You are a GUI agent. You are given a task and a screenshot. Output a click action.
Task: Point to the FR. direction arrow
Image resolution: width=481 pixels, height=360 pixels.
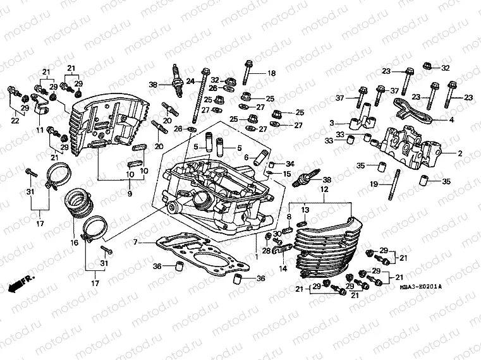pyautogui.click(x=21, y=282)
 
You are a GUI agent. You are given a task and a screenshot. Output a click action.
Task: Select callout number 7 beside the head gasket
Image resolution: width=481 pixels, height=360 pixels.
pyautogui.click(x=135, y=242)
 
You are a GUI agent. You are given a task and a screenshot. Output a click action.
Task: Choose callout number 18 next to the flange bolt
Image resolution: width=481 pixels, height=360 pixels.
pyautogui.click(x=272, y=73)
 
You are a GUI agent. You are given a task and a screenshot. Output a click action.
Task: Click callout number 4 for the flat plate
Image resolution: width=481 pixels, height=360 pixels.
pyautogui.click(x=451, y=119)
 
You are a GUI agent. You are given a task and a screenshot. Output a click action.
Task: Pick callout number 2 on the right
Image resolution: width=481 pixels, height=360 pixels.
pyautogui.click(x=460, y=153)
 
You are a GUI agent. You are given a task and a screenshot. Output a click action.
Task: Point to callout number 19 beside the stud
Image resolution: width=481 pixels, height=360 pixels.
pyautogui.click(x=373, y=184)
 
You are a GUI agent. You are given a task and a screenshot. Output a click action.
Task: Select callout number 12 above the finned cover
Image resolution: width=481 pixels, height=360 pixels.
pyautogui.click(x=323, y=189)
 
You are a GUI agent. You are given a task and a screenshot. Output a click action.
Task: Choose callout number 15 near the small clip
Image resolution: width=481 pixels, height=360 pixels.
pyautogui.click(x=286, y=174)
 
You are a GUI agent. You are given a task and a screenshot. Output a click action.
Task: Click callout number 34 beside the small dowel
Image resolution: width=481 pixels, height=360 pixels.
pyautogui.click(x=290, y=164)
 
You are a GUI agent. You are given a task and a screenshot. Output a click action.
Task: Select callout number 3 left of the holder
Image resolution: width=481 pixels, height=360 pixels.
pyautogui.click(x=331, y=123)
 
